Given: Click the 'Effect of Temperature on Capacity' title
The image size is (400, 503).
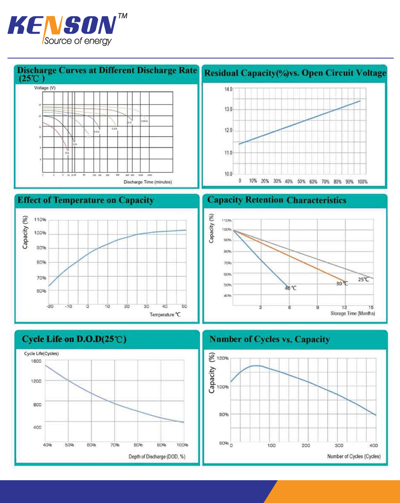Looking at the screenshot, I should (x=85, y=201).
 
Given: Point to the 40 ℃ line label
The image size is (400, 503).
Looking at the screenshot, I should (x=291, y=288).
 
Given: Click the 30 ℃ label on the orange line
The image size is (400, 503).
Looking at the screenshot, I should (x=342, y=283).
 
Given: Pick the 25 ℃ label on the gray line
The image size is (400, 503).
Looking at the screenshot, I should (x=364, y=279).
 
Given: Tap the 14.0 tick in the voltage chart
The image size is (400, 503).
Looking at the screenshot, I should (x=228, y=89).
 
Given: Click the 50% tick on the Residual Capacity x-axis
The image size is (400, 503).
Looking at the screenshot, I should (x=301, y=181).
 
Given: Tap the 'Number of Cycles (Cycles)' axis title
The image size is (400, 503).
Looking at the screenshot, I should (x=354, y=456).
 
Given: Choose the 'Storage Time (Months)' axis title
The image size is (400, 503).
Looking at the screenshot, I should (x=352, y=314).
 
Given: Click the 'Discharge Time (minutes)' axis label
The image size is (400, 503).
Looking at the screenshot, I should (x=147, y=182).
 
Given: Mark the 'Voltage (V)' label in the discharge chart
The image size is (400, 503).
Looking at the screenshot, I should (x=45, y=88).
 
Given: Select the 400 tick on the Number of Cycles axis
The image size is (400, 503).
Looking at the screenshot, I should (x=374, y=445).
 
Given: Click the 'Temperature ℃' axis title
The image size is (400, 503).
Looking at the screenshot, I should (x=165, y=314).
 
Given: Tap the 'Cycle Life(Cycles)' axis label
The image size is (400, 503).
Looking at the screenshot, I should (x=41, y=353).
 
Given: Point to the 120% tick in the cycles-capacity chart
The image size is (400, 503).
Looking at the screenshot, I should (x=223, y=358).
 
